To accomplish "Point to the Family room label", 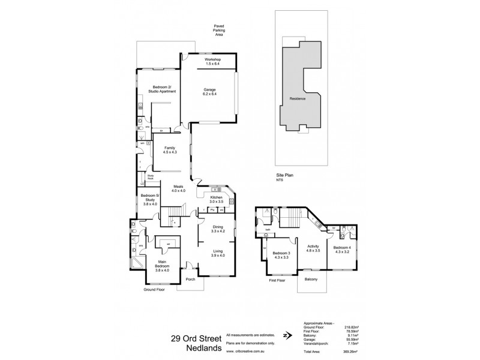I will [x=170, y=151].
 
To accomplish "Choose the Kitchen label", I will [x=217, y=198].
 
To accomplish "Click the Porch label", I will [x=191, y=279].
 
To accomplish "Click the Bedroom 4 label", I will [x=342, y=250].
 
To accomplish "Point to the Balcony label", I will [x=311, y=279].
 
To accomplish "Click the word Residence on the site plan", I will [x=298, y=98].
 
